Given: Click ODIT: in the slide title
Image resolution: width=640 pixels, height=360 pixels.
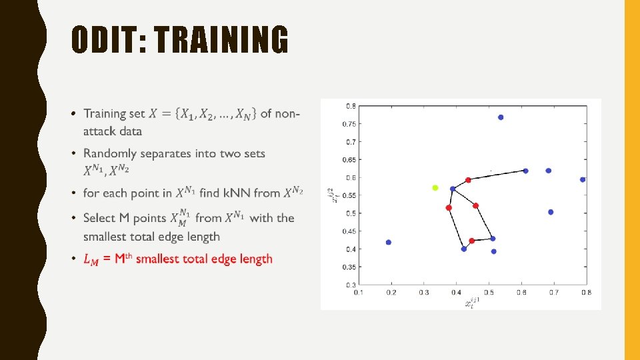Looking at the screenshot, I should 109,41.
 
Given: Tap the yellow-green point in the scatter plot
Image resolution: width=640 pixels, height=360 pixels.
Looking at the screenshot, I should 435,188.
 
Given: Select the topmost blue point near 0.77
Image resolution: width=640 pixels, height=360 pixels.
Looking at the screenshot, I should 501,117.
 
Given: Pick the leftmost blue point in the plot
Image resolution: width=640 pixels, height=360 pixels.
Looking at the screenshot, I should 389,243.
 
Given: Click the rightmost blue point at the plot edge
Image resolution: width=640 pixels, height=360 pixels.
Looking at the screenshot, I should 583,179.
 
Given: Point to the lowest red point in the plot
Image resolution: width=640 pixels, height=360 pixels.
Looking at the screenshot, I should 471,241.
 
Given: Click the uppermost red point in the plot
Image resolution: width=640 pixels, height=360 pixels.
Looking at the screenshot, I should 468,180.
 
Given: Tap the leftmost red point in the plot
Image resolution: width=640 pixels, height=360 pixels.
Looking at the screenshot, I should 449,208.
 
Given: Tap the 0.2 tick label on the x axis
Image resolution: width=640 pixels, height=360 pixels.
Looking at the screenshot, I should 391,293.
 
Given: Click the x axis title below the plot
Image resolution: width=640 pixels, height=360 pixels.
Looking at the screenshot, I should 472,303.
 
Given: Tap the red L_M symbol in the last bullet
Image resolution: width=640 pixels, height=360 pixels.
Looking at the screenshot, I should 91,259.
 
